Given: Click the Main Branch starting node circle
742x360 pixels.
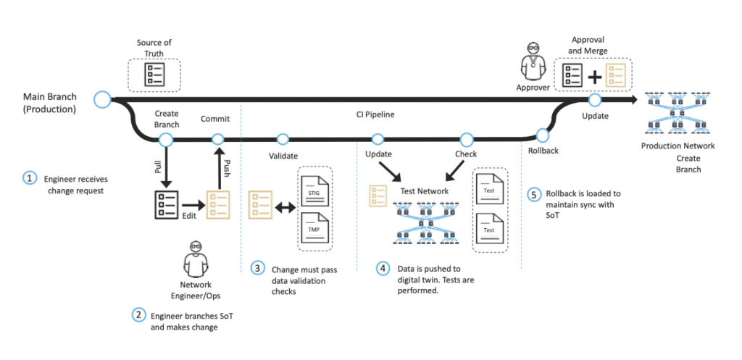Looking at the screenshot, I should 102,98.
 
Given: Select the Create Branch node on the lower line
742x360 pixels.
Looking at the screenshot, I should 166,139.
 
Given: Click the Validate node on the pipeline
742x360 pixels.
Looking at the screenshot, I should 282,139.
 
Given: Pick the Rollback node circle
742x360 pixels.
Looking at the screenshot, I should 542,135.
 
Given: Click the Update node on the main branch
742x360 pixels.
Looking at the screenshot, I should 594,99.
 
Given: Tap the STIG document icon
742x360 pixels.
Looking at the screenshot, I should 314,186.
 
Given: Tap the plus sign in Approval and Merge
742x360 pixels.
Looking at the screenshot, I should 595,75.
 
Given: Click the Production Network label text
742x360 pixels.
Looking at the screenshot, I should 678,146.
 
